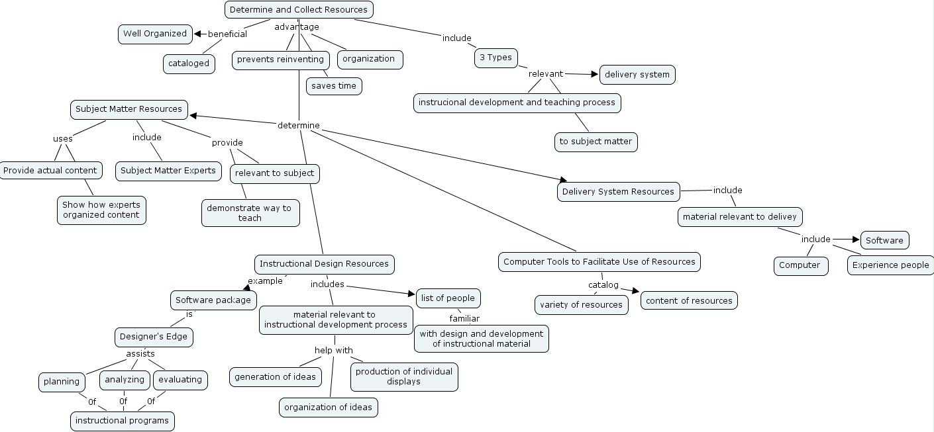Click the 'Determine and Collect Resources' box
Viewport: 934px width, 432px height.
[x=299, y=10]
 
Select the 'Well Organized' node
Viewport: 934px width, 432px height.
[x=155, y=34]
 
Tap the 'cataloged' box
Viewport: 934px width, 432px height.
[x=189, y=64]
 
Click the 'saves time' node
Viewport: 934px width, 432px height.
[x=334, y=86]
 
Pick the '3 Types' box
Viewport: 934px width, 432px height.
[x=495, y=58]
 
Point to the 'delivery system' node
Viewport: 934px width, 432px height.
[x=637, y=75]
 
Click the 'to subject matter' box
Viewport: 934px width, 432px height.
[x=596, y=142]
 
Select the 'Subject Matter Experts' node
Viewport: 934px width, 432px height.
[x=168, y=171]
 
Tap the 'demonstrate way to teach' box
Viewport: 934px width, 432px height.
[x=250, y=213]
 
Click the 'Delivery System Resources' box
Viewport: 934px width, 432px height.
[x=618, y=192]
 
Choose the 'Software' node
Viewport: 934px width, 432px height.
[x=884, y=240]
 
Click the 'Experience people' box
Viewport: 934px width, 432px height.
[x=890, y=265]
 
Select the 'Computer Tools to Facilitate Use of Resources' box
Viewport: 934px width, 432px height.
[x=599, y=262]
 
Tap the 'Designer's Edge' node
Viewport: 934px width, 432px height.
[x=154, y=337]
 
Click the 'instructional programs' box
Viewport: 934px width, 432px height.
[x=123, y=421]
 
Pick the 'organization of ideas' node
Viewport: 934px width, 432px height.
[x=328, y=408]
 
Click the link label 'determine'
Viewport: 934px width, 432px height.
[x=298, y=126]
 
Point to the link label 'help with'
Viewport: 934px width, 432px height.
[x=333, y=351]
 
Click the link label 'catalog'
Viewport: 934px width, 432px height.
[x=603, y=285]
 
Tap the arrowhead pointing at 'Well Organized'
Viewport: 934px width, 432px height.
[x=197, y=34]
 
